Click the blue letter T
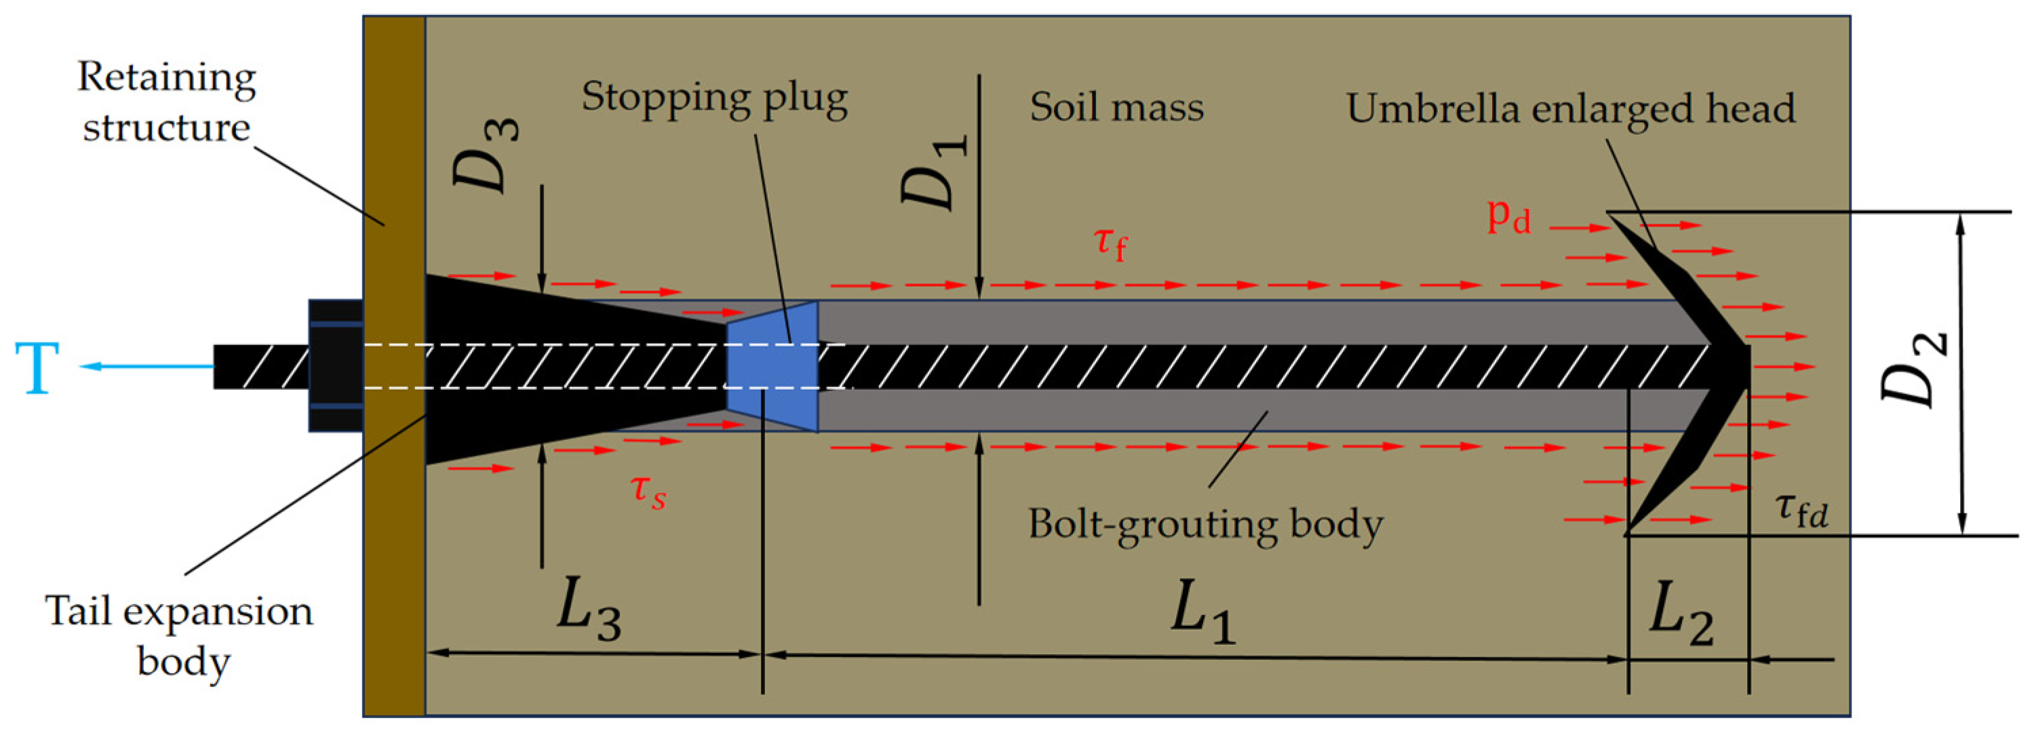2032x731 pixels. pos(37,368)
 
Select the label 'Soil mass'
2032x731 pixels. pos(1116,107)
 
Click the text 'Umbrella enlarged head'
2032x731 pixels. pos(1569,108)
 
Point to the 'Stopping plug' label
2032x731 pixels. pos(715,98)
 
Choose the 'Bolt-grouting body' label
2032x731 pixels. pos(1205,523)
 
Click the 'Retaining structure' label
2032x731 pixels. pos(166,102)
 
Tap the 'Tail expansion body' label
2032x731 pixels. pos(179,635)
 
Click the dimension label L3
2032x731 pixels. pos(589,611)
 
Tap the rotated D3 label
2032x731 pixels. pos(485,155)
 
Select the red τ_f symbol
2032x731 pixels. pos(1111,241)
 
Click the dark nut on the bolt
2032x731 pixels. pos(336,366)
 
